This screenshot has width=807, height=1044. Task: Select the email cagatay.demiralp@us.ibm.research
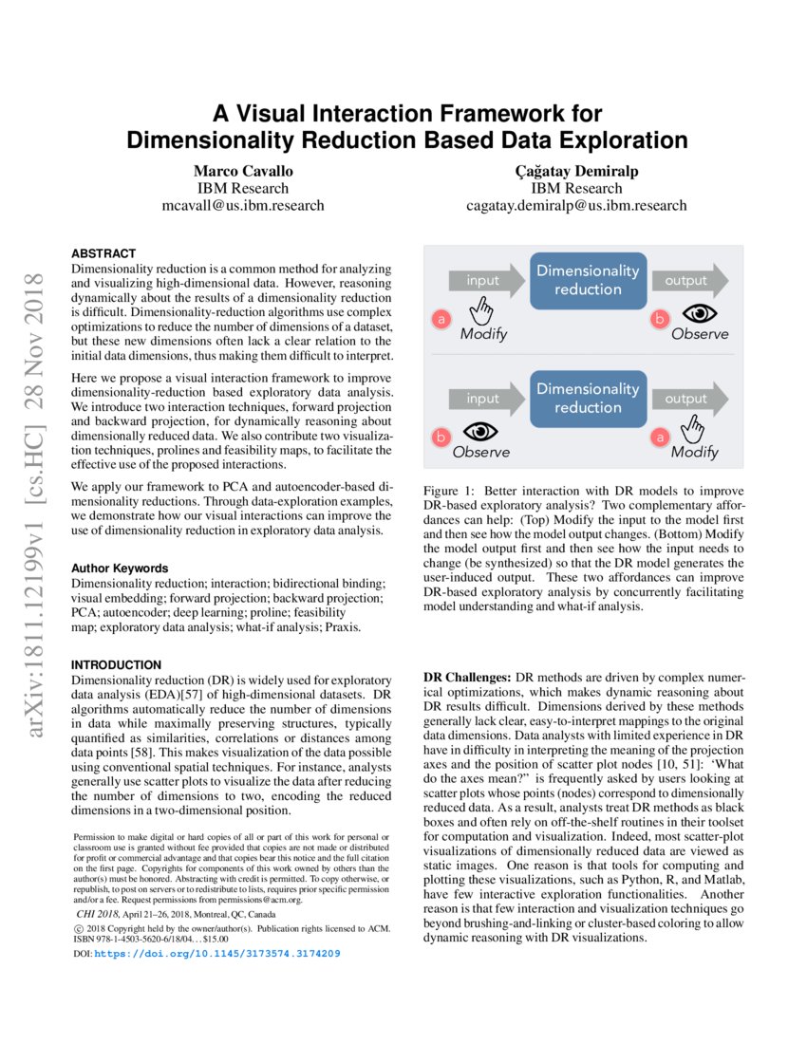point(575,205)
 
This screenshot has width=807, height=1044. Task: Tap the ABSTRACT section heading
point(103,254)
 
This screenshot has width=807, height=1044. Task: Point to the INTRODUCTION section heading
point(117,664)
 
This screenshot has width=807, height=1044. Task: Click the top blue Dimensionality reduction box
point(588,280)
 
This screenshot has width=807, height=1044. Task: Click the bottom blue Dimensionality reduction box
point(588,398)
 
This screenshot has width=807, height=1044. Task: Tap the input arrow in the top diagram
point(484,281)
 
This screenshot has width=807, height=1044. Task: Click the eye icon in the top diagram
point(700,313)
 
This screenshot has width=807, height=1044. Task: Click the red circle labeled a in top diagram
point(441,320)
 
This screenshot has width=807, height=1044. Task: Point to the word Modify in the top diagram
point(483,334)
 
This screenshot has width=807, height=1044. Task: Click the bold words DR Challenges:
point(465,679)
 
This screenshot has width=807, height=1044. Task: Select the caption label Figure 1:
point(451,491)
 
